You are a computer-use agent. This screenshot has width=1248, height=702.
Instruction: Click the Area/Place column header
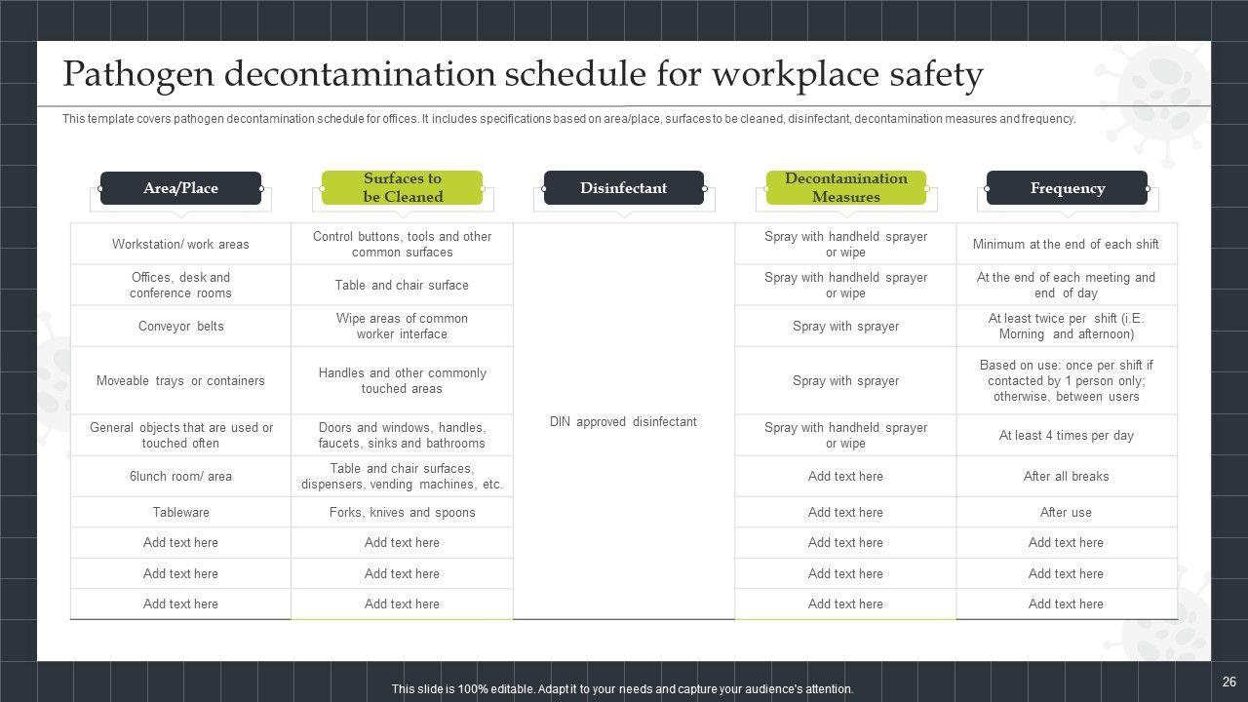(x=180, y=188)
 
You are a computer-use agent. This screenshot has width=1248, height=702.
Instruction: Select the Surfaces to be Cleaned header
(x=402, y=187)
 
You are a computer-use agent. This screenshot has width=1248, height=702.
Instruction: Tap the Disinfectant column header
(x=623, y=188)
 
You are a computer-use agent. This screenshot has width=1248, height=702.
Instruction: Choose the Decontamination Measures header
(x=845, y=187)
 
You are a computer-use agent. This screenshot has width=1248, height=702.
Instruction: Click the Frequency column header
(x=1067, y=188)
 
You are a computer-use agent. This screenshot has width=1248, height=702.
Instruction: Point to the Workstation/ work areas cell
(x=180, y=244)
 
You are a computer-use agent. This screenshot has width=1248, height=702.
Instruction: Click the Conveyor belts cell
(x=180, y=326)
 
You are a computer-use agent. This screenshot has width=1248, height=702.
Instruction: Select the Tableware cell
(x=180, y=512)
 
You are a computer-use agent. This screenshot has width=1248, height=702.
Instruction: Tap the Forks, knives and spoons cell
(x=402, y=512)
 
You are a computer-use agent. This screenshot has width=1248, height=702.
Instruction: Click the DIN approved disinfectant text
(x=623, y=421)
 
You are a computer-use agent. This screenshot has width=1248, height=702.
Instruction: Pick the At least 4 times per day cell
(x=1066, y=435)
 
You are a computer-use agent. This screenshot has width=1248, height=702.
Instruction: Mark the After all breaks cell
(x=1066, y=476)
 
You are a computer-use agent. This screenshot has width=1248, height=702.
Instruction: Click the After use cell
(x=1066, y=512)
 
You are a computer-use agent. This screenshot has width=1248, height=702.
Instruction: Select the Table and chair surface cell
(x=402, y=285)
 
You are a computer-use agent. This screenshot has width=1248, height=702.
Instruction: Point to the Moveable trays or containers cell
(x=180, y=380)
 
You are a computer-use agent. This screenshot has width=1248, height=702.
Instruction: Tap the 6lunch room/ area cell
(x=180, y=476)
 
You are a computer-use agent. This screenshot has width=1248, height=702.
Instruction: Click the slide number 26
(x=1228, y=682)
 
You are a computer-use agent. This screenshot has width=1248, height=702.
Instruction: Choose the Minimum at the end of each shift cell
(x=1066, y=244)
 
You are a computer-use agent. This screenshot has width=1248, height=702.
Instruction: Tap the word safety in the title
(x=936, y=75)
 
